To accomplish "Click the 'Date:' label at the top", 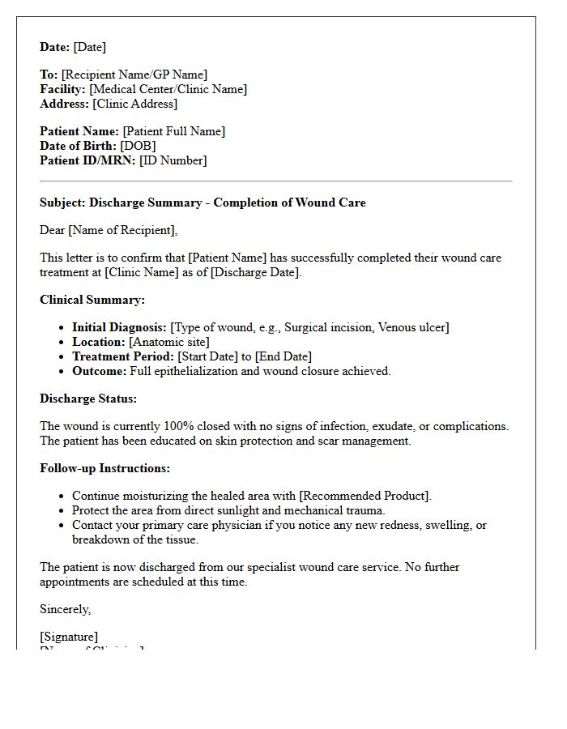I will [55, 47].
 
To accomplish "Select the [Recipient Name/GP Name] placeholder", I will [134, 75].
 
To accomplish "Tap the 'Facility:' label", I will [63, 89].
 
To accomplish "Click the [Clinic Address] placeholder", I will [134, 104].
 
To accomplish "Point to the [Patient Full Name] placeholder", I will [173, 131].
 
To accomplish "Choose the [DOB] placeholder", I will [138, 146].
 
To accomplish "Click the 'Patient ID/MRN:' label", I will [87, 160].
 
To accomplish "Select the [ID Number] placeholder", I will [173, 160].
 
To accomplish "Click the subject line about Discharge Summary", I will [202, 202].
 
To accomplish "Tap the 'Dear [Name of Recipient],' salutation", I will [109, 230].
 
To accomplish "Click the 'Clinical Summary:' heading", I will [92, 300].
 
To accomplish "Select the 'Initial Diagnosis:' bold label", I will [119, 327].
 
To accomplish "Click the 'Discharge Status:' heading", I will [88, 399].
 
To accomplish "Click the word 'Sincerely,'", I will [65, 609].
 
